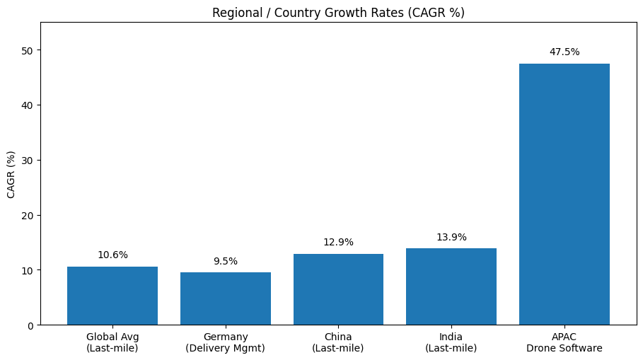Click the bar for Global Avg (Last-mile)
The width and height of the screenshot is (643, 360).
[112, 296]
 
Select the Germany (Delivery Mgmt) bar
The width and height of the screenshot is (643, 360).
[226, 298]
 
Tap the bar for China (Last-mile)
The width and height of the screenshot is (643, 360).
[338, 289]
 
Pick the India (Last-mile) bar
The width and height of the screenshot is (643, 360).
[451, 286]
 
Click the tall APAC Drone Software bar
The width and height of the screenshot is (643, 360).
[564, 194]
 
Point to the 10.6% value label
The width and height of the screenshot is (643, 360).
[112, 255]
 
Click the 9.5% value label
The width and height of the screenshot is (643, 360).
[226, 262]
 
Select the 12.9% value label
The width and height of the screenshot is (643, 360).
[338, 243]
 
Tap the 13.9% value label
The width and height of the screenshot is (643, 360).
[451, 238]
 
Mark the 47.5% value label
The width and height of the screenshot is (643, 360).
[564, 52]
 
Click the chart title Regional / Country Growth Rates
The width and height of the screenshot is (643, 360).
[338, 13]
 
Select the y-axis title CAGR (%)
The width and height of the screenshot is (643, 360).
[11, 174]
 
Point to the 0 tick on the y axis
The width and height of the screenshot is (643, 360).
[30, 325]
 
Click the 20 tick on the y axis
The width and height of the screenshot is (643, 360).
[28, 216]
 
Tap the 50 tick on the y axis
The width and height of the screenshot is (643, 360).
[28, 50]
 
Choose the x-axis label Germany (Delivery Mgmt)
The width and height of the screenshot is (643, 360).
[226, 342]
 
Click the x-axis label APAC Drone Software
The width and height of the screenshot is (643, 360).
[564, 342]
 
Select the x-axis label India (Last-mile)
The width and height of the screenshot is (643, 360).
[451, 342]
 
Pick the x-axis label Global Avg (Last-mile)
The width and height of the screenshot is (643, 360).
[112, 342]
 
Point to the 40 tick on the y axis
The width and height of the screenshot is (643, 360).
[28, 105]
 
